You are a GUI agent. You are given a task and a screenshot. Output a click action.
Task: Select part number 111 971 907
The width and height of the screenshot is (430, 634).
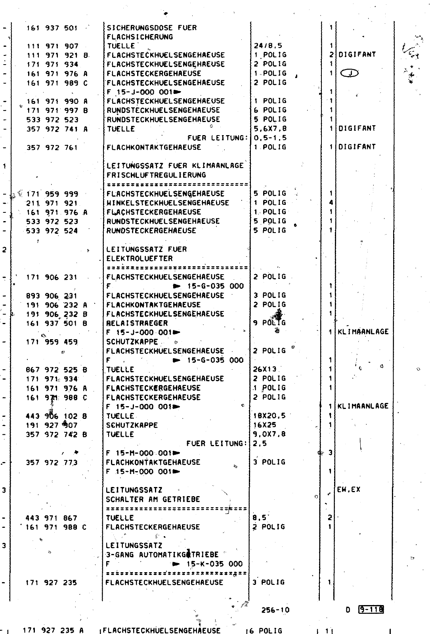[x=52, y=46]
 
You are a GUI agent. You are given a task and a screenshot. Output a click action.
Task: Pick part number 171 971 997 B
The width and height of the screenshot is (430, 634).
[x=57, y=110]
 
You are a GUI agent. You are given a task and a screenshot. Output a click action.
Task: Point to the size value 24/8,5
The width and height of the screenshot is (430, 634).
[x=268, y=46]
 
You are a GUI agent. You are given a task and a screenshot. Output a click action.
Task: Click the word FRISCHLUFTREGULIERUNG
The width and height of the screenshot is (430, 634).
[x=156, y=175]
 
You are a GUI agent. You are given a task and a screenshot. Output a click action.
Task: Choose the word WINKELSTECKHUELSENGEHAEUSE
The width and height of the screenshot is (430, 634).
[x=168, y=203]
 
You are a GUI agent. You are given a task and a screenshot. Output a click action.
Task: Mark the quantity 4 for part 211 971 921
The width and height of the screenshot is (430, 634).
[x=331, y=203]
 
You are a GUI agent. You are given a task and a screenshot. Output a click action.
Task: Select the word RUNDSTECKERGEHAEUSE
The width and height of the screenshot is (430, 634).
[x=151, y=231]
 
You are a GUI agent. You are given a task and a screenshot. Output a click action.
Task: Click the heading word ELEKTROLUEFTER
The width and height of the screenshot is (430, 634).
[x=140, y=258]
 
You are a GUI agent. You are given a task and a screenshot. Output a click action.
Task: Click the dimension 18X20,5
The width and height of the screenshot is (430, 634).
[x=269, y=416]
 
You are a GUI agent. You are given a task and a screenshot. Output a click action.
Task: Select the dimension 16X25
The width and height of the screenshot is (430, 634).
[x=265, y=425]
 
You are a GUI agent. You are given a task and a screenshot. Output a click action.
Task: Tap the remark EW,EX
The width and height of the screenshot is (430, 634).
[x=349, y=489]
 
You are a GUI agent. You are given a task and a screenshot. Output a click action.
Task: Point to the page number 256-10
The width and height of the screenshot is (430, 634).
[x=275, y=610]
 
